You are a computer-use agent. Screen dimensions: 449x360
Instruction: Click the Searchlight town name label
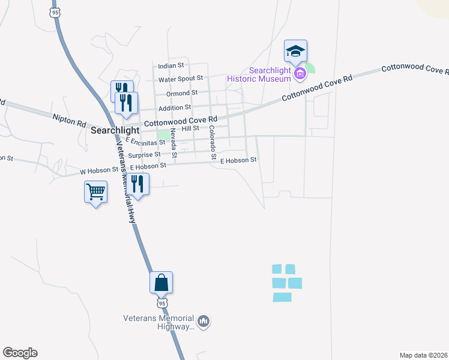pyautogui.click(x=115, y=130)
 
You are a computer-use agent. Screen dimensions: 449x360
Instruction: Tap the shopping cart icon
pyautogui.click(x=96, y=193)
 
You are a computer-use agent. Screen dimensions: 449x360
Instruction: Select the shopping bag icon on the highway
pyautogui.click(x=161, y=282)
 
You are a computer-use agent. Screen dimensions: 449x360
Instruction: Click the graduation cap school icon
pyautogui.click(x=295, y=50)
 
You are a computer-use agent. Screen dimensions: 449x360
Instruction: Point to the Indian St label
pyautogui.click(x=171, y=65)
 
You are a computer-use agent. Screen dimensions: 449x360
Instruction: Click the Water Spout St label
pyautogui.click(x=181, y=79)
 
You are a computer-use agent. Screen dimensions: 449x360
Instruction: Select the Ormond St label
pyautogui.click(x=182, y=93)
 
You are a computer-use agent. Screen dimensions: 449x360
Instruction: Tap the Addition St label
pyautogui.click(x=174, y=107)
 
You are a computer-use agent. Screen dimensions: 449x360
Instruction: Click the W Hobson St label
pyautogui.click(x=99, y=171)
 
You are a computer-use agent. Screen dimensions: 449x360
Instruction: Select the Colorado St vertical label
pyautogui.click(x=212, y=142)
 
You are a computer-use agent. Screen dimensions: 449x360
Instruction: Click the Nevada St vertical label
pyautogui.click(x=173, y=143)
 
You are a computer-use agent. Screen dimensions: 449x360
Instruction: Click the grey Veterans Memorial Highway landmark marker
pyautogui.click(x=203, y=322)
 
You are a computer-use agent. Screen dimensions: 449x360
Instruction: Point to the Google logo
pyautogui.click(x=20, y=353)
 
